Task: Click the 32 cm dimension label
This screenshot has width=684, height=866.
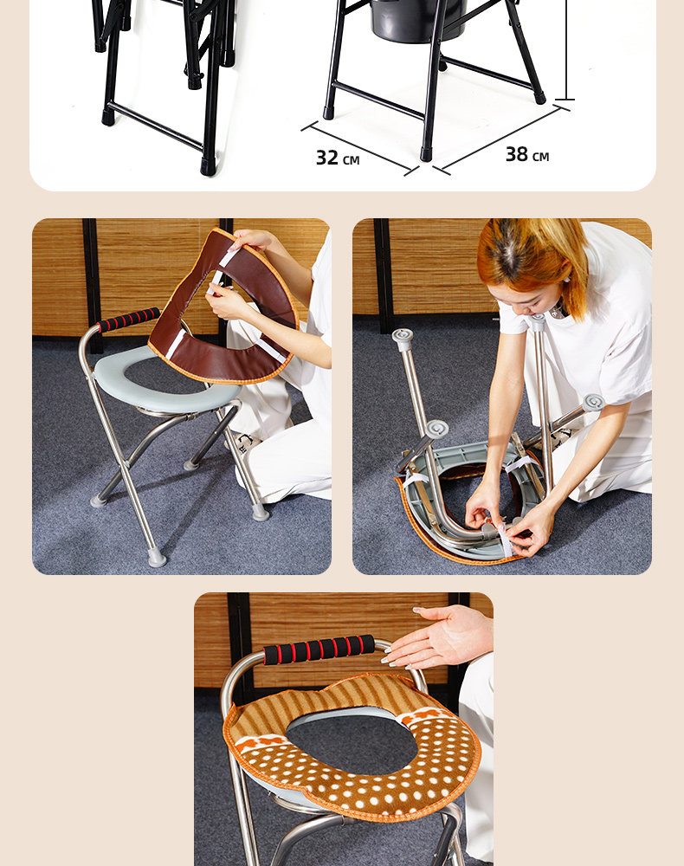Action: click(x=338, y=158)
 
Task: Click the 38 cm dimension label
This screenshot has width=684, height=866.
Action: click(x=527, y=155)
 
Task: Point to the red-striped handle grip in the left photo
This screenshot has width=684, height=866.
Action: click(x=129, y=320)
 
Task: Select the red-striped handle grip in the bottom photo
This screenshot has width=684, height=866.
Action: click(x=319, y=649)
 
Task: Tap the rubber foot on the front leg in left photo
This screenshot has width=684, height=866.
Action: click(x=157, y=559)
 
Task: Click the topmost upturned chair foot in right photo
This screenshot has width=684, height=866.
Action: click(x=403, y=338)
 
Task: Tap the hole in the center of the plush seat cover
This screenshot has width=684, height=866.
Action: click(x=352, y=743)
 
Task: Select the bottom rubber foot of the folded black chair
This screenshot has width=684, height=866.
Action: click(x=208, y=167)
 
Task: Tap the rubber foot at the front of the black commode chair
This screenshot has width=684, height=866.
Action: click(x=426, y=154)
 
